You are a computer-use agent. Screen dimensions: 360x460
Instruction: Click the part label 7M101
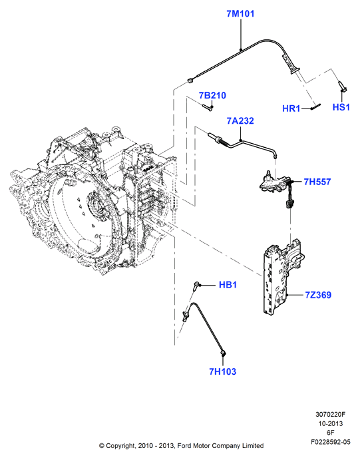click(x=240, y=14)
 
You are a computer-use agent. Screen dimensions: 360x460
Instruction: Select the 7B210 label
click(x=212, y=95)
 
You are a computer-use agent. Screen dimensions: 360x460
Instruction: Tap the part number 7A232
click(x=240, y=120)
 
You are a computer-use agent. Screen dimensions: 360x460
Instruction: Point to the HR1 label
click(x=291, y=109)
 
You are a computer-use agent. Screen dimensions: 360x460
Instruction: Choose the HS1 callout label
click(x=341, y=107)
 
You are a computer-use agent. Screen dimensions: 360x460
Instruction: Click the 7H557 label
click(x=317, y=182)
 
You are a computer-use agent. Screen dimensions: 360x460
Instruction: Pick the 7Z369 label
click(x=318, y=295)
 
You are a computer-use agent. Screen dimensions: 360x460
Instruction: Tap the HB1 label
click(x=228, y=284)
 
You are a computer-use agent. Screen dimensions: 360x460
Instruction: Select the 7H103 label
click(x=222, y=371)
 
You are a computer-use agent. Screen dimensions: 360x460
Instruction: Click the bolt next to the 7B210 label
click(x=208, y=108)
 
